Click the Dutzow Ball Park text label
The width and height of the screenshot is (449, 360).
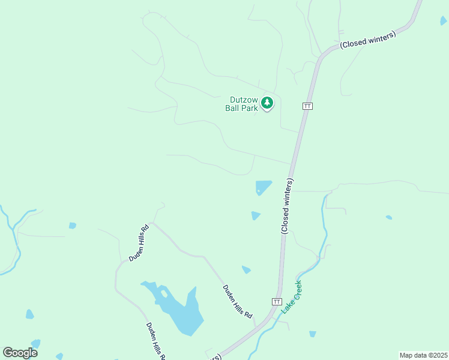point(244,104)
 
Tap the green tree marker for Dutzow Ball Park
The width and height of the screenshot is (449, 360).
point(267,104)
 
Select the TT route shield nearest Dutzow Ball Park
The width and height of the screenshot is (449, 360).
point(307,106)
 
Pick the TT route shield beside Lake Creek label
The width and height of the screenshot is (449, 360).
point(277,301)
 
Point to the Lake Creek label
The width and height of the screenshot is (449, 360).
point(292,297)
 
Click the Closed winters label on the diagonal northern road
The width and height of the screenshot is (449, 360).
point(368,40)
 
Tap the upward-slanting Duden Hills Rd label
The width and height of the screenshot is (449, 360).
point(138,243)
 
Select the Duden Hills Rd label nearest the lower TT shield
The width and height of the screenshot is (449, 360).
point(238,301)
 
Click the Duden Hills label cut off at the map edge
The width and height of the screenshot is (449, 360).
point(155,341)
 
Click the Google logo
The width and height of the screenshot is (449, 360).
point(20,353)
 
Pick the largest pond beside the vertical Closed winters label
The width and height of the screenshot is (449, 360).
point(262,187)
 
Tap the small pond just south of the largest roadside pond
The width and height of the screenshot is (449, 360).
point(256,215)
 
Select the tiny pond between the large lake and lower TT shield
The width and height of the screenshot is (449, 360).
point(246,270)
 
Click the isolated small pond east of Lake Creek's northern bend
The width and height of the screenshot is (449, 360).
point(389,217)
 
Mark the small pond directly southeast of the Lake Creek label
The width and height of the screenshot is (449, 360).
point(312,334)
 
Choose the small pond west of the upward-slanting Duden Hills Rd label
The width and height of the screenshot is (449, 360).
point(73,226)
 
